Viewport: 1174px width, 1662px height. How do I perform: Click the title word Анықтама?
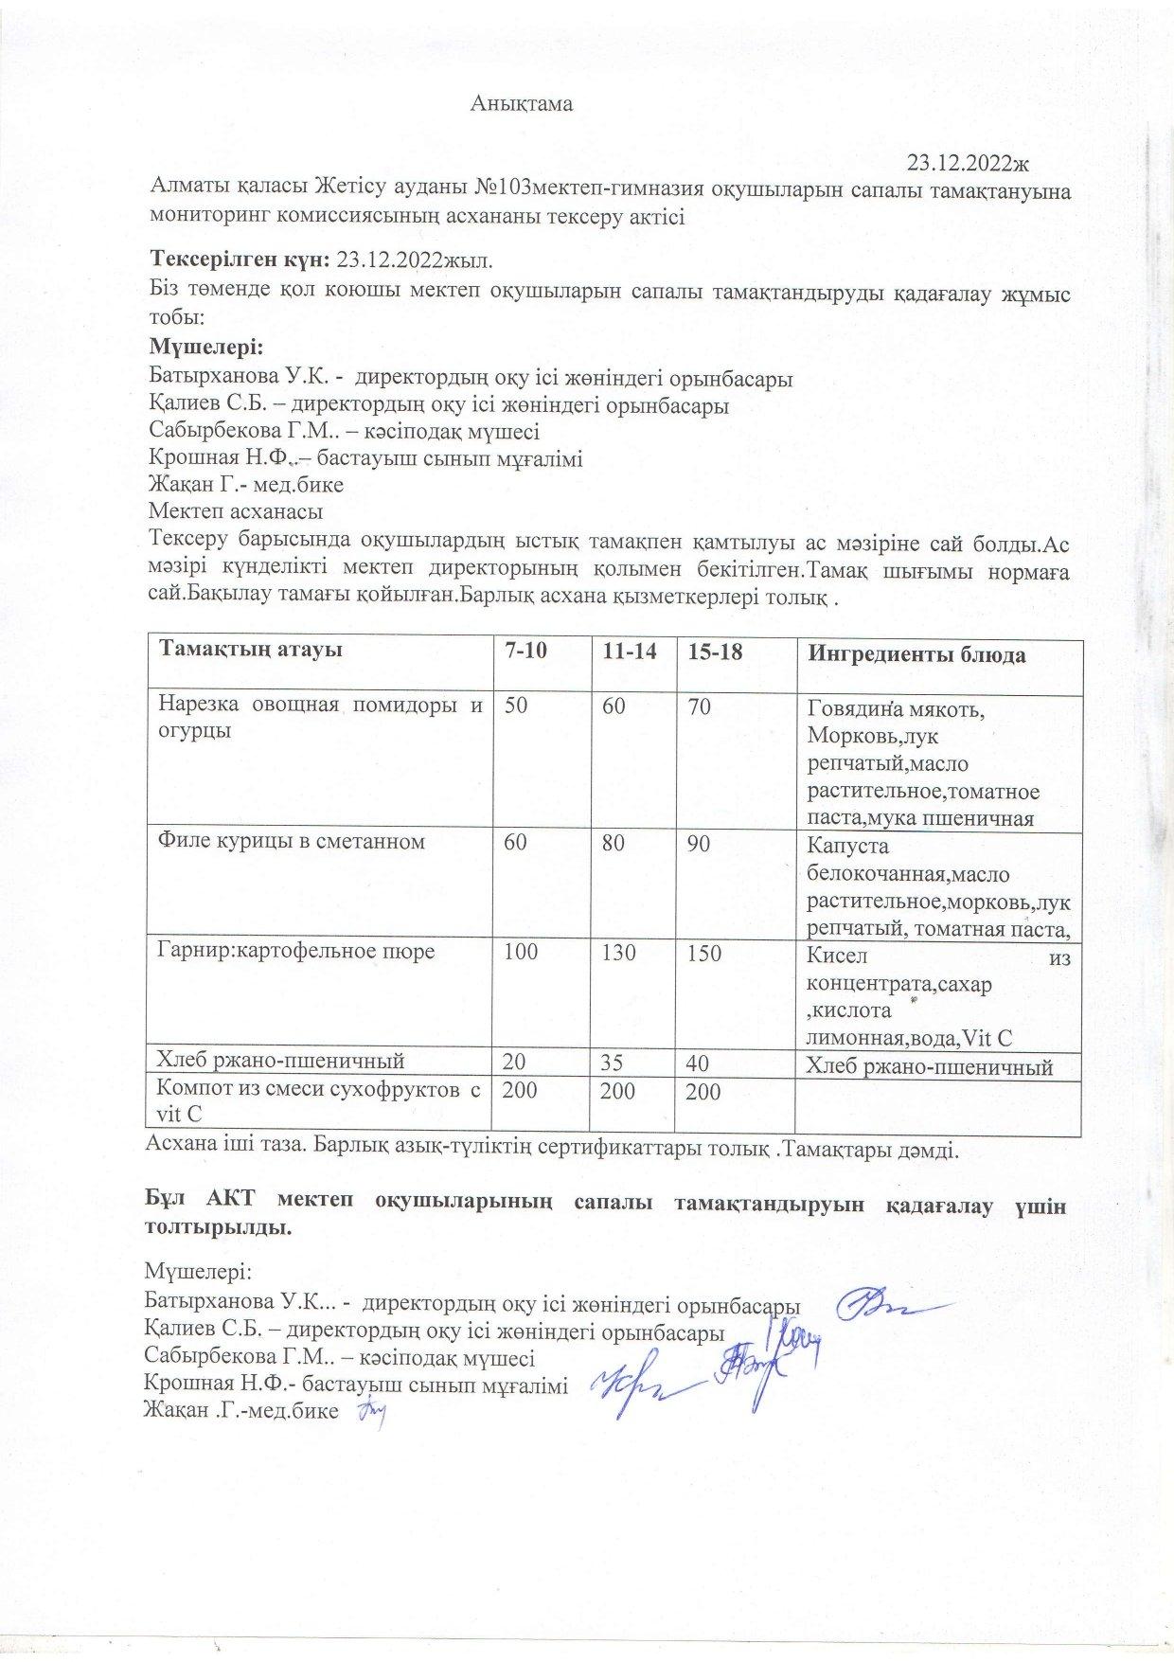coord(522,104)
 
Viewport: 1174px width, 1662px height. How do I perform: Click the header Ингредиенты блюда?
coord(916,655)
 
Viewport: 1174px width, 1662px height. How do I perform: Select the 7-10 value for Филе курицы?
coord(515,843)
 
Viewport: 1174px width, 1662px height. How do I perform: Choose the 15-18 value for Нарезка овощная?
coord(701,706)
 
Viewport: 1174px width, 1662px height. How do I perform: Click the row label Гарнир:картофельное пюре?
coord(296,951)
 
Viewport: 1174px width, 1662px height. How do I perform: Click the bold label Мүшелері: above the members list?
coord(205,346)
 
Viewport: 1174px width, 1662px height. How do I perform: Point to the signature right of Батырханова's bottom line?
coord(885,1306)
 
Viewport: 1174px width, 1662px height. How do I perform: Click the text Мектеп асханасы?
coord(236,511)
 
